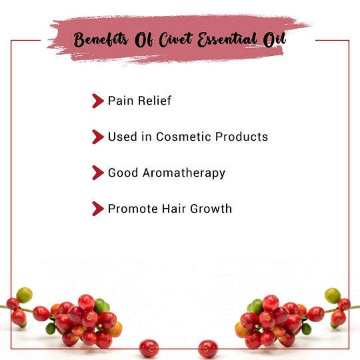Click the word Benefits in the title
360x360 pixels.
point(101,39)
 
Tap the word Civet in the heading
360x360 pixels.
point(176,39)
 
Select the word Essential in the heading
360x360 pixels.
point(227,39)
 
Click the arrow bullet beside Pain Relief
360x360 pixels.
point(98,101)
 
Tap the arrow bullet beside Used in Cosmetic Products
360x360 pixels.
point(98,137)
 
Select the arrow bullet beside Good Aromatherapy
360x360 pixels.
point(98,173)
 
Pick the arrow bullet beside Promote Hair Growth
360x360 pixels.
point(98,209)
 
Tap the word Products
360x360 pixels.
point(241,137)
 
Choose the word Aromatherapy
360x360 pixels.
point(184,173)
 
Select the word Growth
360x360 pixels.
point(211,209)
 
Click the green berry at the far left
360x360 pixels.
point(24,295)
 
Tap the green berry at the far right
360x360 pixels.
point(333,296)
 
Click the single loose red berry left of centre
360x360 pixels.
point(149,349)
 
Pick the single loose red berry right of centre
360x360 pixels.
point(208,349)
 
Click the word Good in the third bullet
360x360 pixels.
point(123,173)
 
